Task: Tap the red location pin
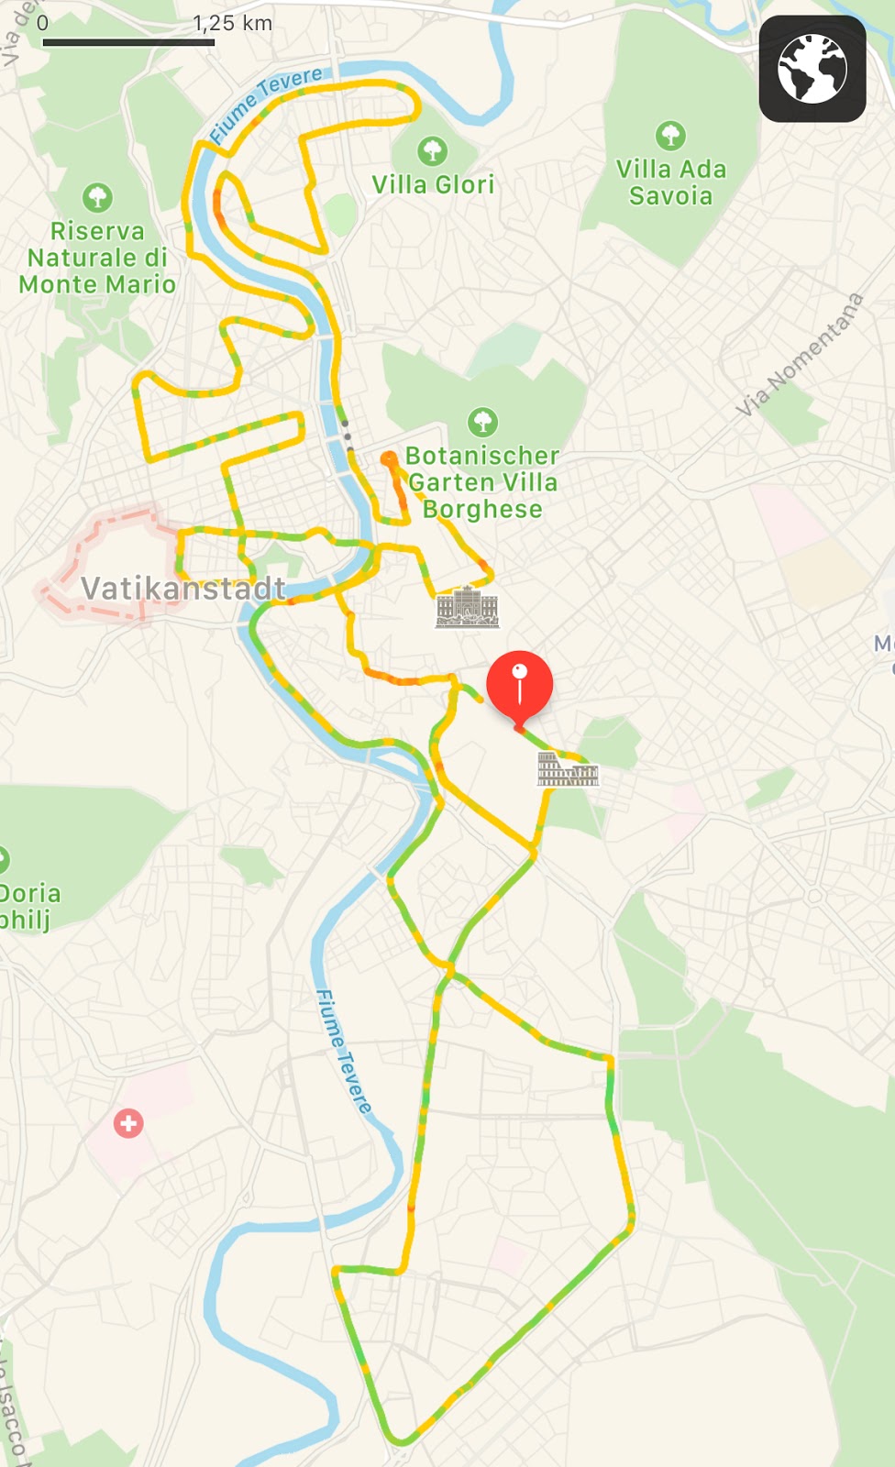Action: point(519,684)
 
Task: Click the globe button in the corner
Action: point(812,69)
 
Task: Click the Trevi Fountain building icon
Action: point(467,607)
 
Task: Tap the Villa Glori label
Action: point(433,184)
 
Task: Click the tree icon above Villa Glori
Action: point(433,150)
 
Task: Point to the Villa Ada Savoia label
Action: point(670,182)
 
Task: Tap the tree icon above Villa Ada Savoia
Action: point(670,136)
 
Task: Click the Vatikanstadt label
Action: point(183,589)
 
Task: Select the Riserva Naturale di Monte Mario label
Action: point(97,258)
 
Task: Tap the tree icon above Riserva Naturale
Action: point(97,196)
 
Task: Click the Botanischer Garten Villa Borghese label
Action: point(482,482)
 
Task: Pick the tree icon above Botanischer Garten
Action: point(482,422)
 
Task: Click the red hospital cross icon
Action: point(128,1123)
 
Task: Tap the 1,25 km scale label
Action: point(233,23)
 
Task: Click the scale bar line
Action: point(128,42)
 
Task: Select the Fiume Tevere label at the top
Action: point(265,104)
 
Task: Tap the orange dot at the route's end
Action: point(389,458)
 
